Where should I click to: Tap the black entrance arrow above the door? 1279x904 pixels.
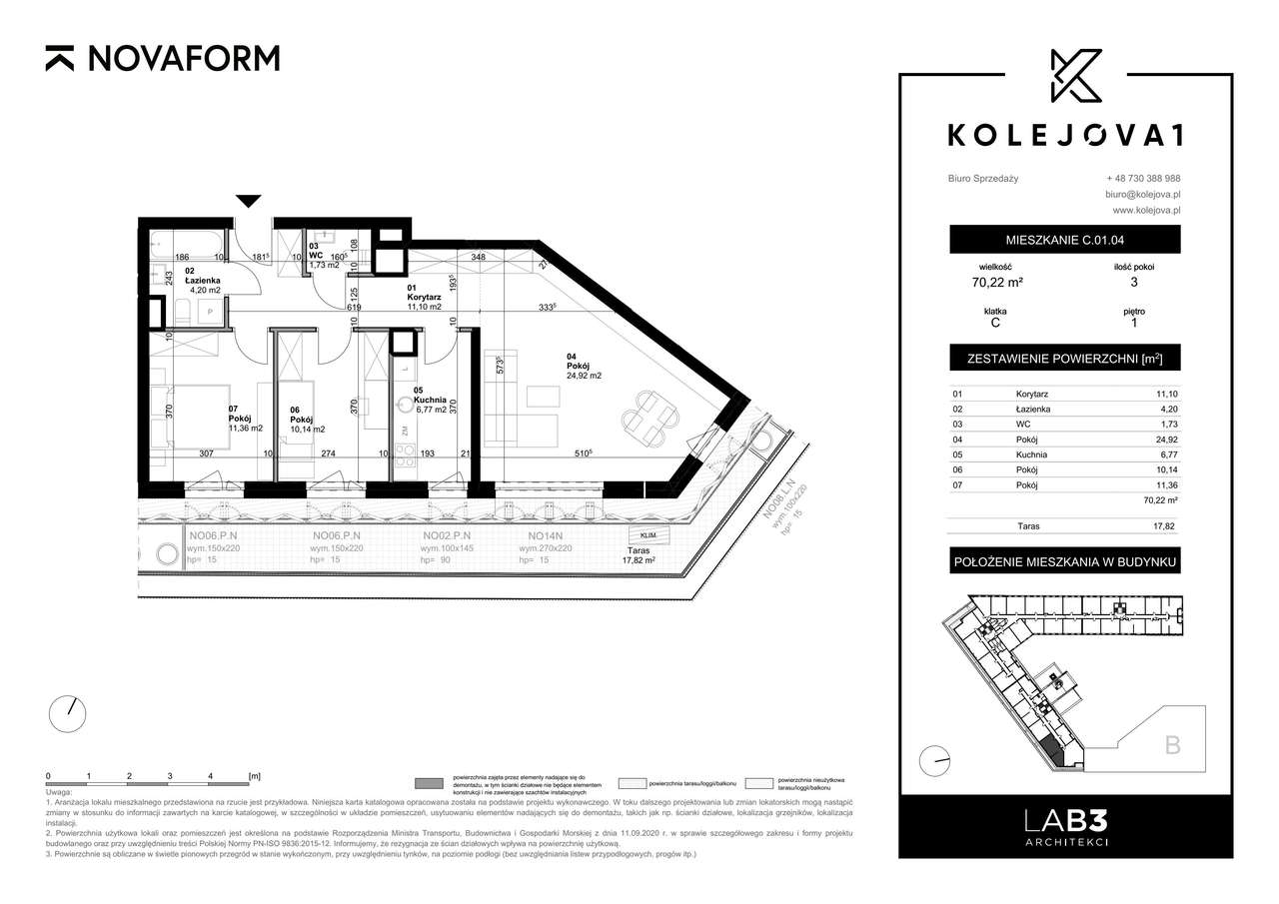point(250,201)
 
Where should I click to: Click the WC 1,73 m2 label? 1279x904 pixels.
point(325,259)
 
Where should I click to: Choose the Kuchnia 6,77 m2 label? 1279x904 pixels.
point(434,402)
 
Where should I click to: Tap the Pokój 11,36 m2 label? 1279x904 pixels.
point(244,423)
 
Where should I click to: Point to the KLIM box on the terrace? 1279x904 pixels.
point(648,535)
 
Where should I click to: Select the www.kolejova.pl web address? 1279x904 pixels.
point(1146,211)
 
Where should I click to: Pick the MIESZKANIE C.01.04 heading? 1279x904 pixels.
point(1064,240)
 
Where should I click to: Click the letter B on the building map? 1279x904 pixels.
point(1172,744)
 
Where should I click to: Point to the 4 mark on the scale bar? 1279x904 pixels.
point(211,775)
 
